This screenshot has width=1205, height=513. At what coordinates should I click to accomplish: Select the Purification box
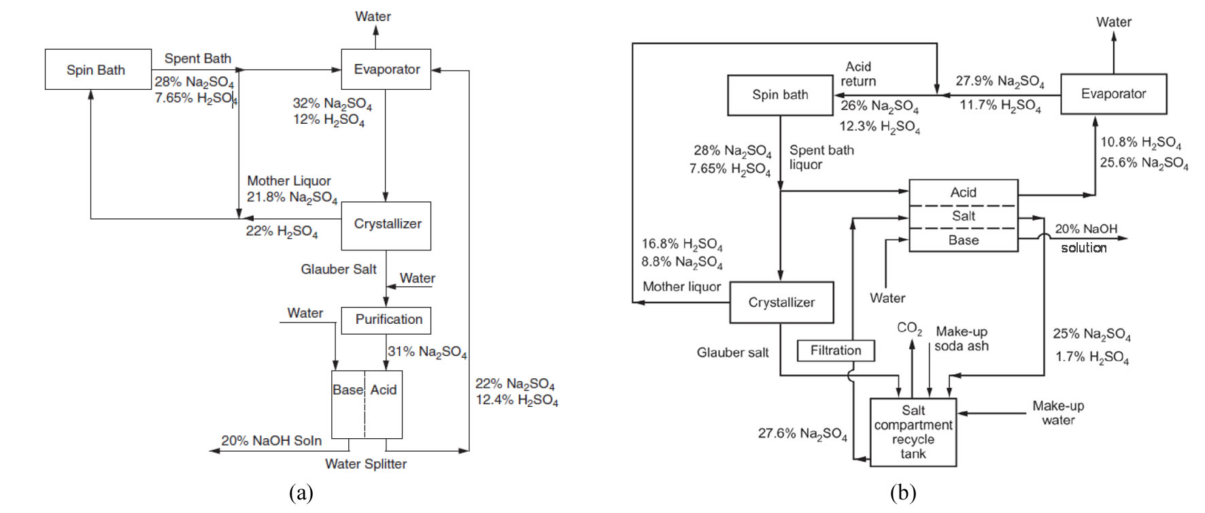386,320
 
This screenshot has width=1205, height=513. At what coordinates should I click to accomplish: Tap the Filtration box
836,350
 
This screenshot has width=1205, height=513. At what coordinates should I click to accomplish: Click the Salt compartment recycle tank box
913,432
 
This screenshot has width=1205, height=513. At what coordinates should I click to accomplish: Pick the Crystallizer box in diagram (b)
781,302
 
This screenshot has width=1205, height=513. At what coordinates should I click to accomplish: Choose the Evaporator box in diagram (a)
386,69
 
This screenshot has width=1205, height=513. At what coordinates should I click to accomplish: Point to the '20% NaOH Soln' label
271,441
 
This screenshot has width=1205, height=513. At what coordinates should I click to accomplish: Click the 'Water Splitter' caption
366,464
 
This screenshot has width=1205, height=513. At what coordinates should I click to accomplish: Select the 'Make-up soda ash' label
962,339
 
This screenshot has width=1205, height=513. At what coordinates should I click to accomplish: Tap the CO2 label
909,329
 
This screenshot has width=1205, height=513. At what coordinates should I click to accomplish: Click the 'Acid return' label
858,73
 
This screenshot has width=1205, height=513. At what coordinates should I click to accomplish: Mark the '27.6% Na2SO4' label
802,433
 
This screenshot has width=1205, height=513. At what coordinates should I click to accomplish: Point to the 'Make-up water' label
1058,413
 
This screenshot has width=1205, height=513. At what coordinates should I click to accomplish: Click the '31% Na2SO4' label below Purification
427,352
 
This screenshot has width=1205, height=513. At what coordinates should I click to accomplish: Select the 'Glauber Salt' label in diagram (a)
338,269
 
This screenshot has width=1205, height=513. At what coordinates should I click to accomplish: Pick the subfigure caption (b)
903,493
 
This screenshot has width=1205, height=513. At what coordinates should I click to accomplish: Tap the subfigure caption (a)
301,493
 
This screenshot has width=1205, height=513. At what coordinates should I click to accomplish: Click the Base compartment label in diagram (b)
964,240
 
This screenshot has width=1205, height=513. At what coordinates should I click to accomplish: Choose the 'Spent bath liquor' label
821,157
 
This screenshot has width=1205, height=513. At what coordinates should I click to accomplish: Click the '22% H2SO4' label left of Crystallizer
282,231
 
